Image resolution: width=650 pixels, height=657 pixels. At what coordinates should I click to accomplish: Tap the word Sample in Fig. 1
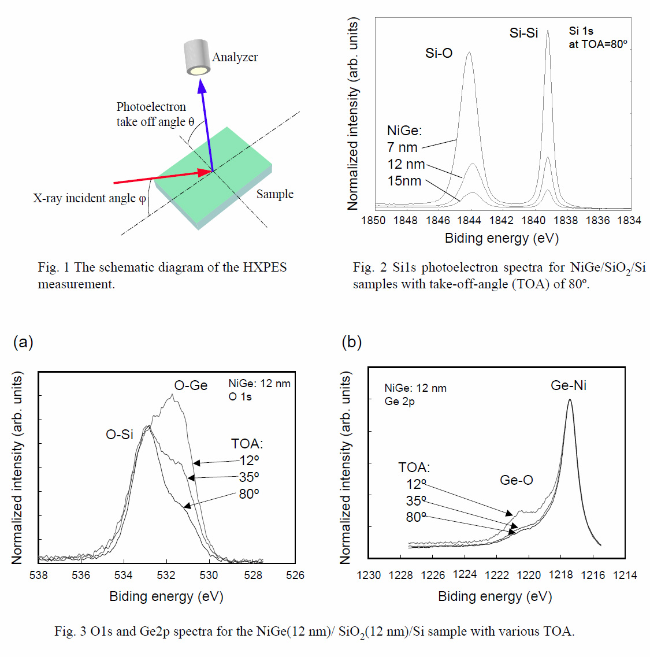(x=274, y=194)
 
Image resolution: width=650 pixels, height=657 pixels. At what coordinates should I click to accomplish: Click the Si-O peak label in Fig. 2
(x=439, y=53)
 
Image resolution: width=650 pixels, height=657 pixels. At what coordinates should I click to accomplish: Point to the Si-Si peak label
(x=523, y=33)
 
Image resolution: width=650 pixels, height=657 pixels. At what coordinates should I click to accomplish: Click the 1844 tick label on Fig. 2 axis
(x=469, y=220)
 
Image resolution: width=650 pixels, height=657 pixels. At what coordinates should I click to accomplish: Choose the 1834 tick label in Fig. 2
(x=629, y=220)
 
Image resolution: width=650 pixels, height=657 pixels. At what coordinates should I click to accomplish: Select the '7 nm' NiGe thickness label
(x=402, y=147)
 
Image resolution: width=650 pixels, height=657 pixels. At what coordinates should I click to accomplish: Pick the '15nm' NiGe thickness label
(x=404, y=181)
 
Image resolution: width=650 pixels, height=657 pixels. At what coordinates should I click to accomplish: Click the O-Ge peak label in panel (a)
(x=191, y=385)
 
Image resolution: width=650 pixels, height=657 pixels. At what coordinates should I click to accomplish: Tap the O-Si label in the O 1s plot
(x=120, y=434)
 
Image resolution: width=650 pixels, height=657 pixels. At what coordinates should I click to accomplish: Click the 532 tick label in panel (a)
(x=166, y=575)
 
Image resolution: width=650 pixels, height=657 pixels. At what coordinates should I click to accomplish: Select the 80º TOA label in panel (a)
(x=249, y=494)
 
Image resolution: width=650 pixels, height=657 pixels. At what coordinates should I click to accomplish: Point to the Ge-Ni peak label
(x=569, y=385)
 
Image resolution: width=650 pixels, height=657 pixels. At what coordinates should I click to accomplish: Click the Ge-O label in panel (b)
(x=516, y=480)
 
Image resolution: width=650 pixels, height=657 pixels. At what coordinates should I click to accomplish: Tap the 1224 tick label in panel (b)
(x=465, y=574)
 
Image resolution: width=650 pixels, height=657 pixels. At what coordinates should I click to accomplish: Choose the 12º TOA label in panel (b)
(x=416, y=484)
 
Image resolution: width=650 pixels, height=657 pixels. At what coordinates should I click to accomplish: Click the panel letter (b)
(x=351, y=342)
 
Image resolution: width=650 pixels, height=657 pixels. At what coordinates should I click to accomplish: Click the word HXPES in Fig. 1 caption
(x=265, y=268)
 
